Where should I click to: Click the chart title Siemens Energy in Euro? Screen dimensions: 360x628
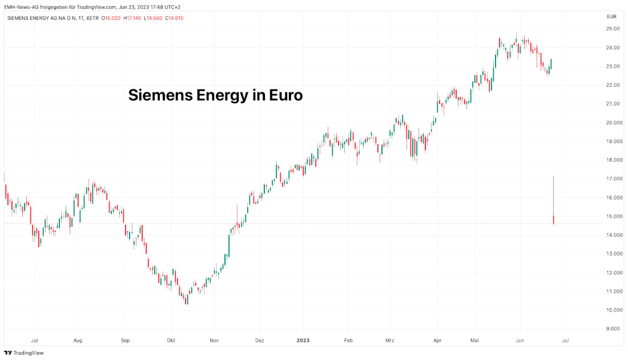coord(215,95)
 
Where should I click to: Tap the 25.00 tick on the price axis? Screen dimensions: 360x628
coord(613,29)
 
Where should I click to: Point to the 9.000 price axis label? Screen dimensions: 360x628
coord(613,329)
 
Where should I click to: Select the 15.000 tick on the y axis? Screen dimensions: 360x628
coord(613,216)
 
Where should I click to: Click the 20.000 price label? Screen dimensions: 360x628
coord(613,123)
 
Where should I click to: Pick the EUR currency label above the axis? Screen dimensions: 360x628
coord(611,17)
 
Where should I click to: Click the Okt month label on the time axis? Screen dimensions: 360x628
coord(170,341)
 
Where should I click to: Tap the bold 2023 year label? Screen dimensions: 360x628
coord(303,341)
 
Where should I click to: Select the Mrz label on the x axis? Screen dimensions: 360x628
coord(390,341)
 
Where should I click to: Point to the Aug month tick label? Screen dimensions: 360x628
coord(78,341)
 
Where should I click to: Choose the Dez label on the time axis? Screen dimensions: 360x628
coord(259,341)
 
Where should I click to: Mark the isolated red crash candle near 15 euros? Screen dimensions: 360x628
coord(554,220)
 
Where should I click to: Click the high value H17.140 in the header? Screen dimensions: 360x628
coord(134,18)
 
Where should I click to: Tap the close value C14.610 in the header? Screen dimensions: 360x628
coord(172,18)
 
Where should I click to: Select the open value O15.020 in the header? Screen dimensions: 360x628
coord(112,18)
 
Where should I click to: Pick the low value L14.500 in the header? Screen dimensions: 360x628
coord(153,18)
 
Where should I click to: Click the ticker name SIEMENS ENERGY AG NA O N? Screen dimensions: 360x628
coord(43,18)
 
